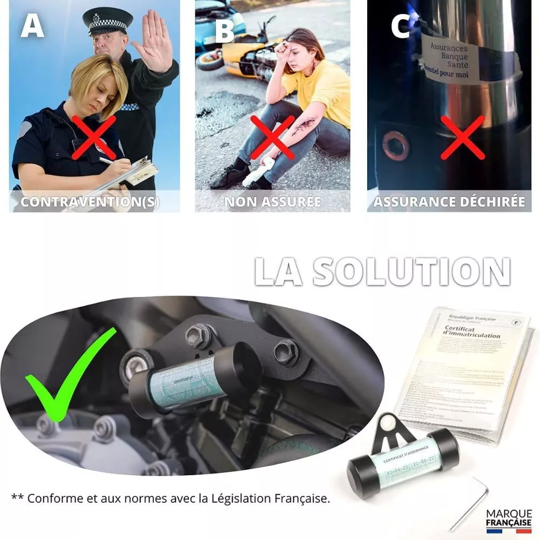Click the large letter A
pyautogui.click(x=32, y=25)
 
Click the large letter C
pyautogui.click(x=400, y=25)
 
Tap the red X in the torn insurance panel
pyautogui.click(x=462, y=137)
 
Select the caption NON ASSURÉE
pyautogui.click(x=273, y=202)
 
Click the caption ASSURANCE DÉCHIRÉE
pyautogui.click(x=449, y=202)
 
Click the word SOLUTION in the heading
pyautogui.click(x=411, y=271)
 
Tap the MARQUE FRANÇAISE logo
pyautogui.click(x=509, y=519)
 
